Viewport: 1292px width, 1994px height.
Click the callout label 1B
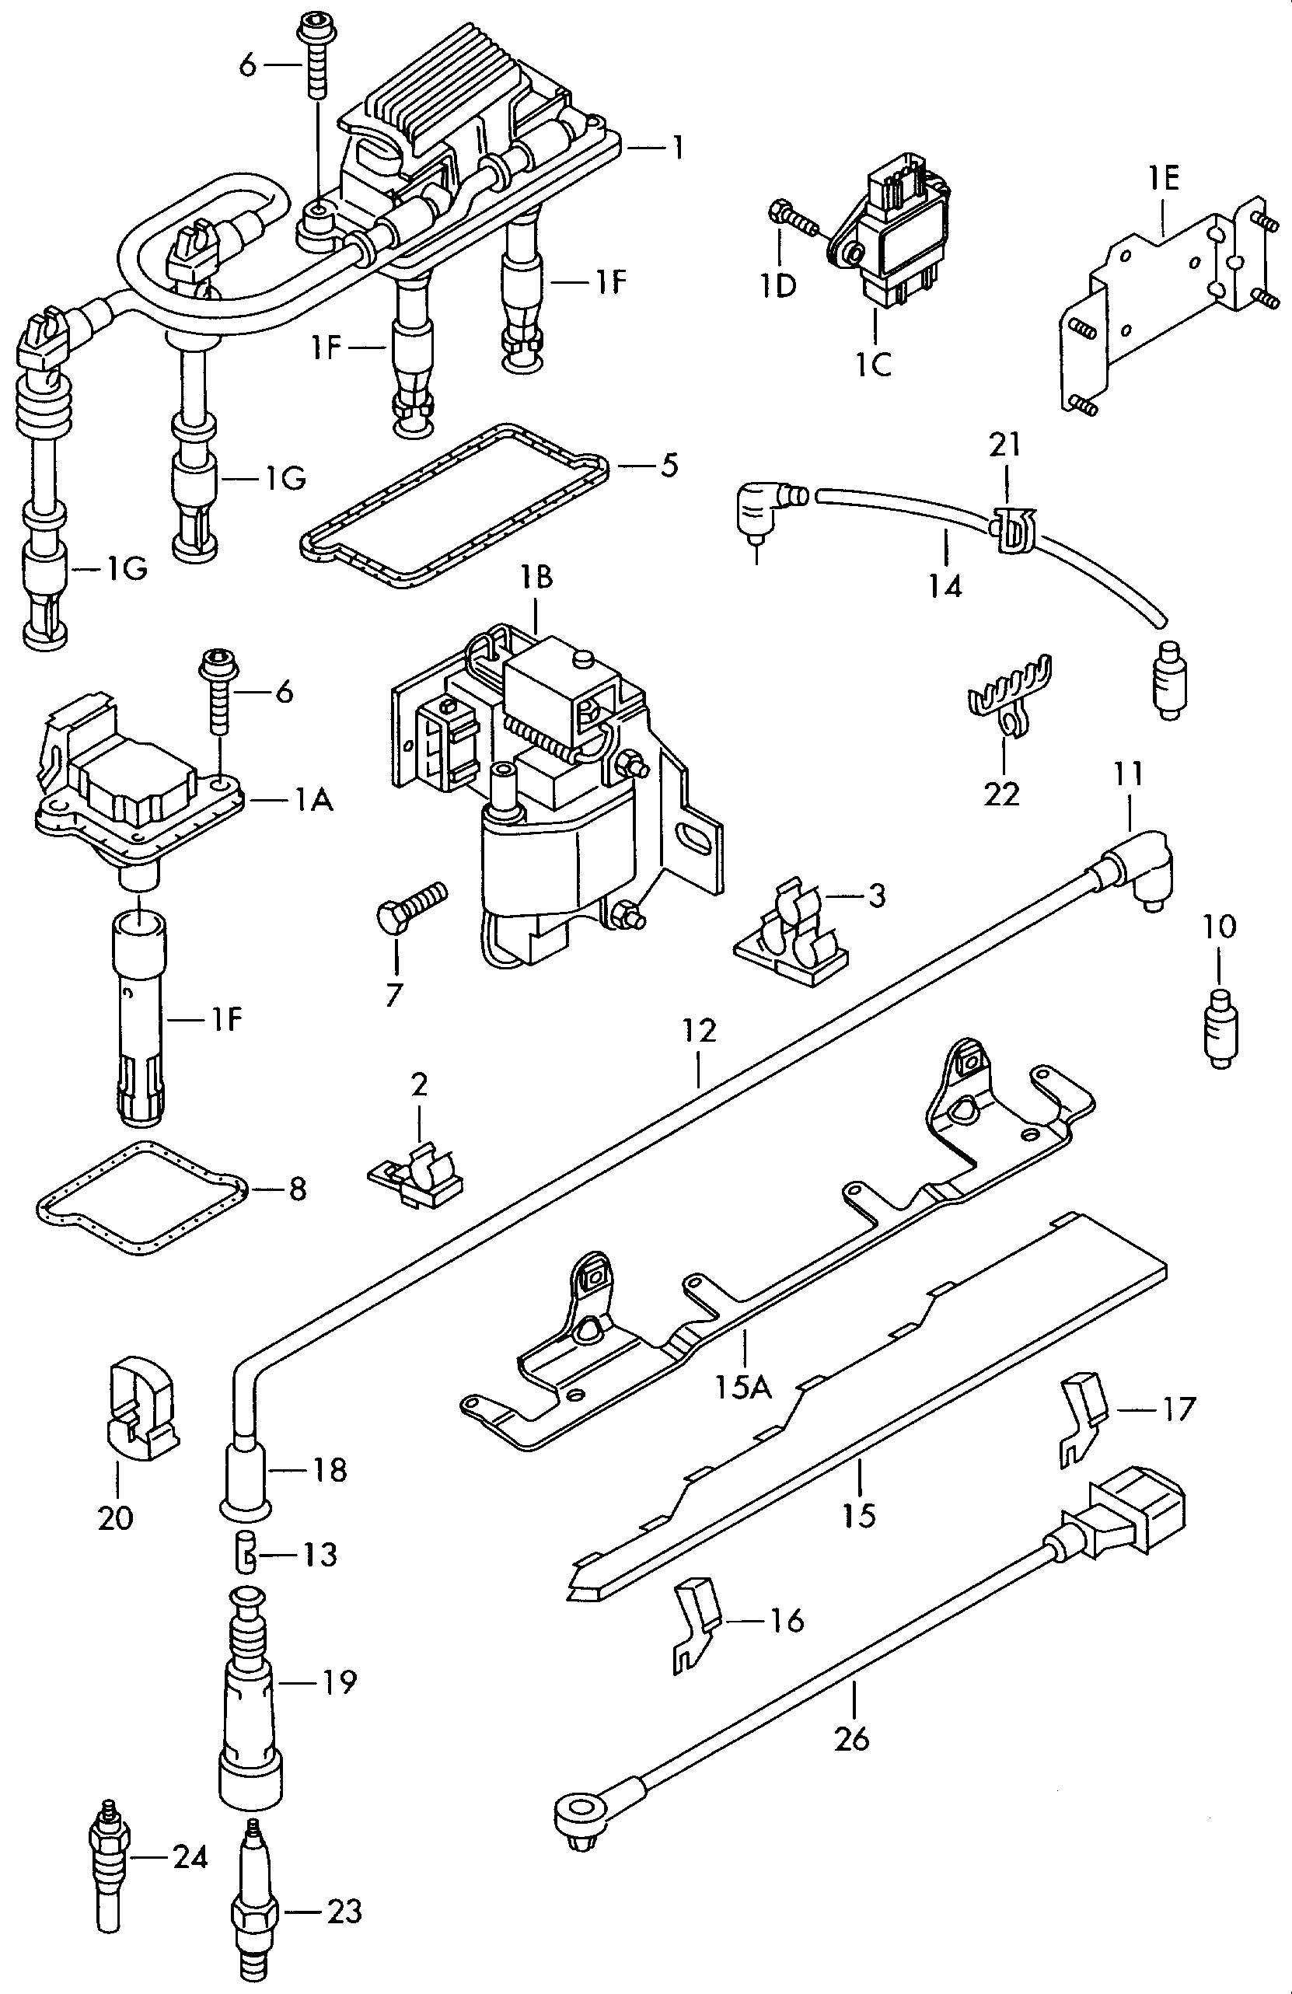click(x=536, y=578)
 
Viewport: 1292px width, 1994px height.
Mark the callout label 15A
click(x=743, y=1388)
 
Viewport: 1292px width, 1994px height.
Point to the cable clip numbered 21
click(x=1011, y=530)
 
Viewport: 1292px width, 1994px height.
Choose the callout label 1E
click(x=1164, y=179)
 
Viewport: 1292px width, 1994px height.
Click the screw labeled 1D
click(x=793, y=219)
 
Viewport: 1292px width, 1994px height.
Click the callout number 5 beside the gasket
click(x=669, y=466)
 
